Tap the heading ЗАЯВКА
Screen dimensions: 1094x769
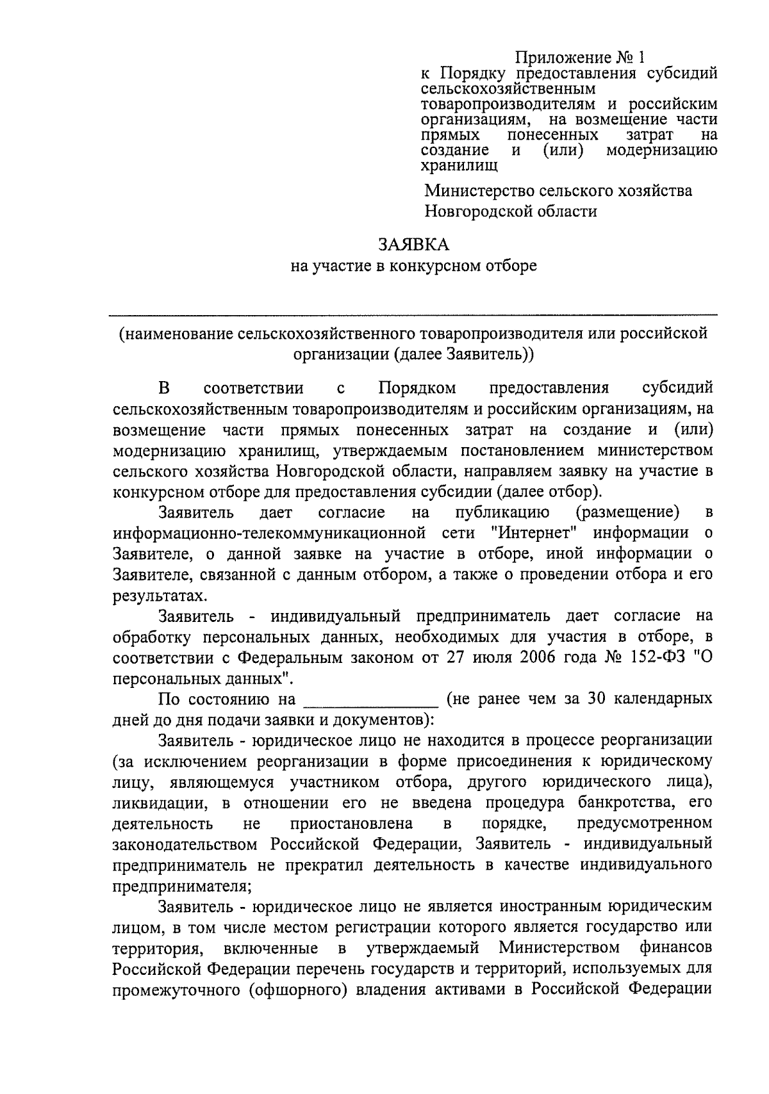click(413, 245)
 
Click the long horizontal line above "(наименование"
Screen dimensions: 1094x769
click(413, 314)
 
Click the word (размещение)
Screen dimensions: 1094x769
click(627, 512)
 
